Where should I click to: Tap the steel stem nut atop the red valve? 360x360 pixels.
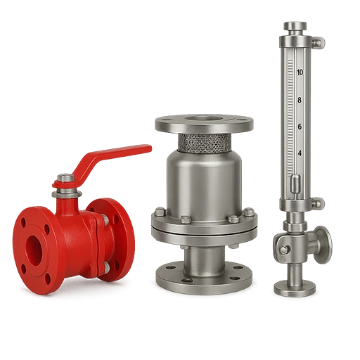pos(66,178)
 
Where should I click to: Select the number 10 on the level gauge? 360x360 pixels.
pos(300,72)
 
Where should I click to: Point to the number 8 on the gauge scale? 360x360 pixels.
pos(300,100)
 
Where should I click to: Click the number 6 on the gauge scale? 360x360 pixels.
pos(300,127)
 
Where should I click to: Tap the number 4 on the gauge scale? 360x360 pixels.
pos(300,153)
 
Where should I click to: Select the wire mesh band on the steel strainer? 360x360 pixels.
pos(205,143)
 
